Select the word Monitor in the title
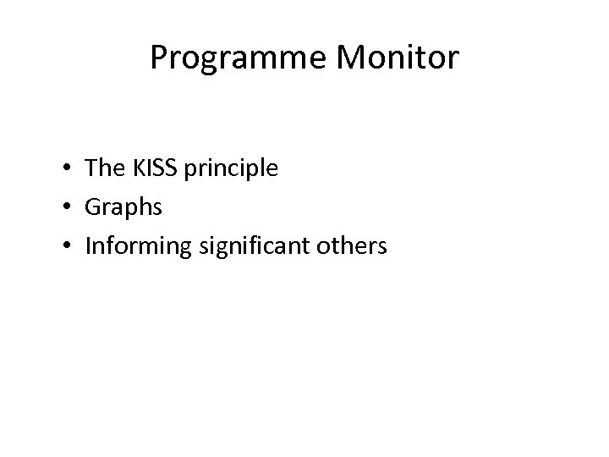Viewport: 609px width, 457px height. (402, 58)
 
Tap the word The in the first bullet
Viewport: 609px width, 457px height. (104, 168)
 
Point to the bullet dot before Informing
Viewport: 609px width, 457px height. (65, 247)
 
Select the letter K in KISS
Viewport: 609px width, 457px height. (135, 168)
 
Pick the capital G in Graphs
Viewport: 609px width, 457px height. (94, 207)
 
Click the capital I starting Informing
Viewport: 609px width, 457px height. (89, 245)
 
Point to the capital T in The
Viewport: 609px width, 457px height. (92, 168)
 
